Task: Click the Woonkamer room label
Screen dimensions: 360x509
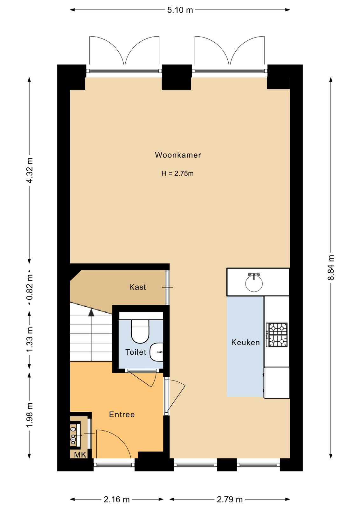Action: (178, 155)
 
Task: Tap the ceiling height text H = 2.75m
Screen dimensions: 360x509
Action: (177, 174)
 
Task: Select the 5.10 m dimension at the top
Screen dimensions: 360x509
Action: (180, 10)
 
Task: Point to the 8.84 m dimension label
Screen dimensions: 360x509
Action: (331, 268)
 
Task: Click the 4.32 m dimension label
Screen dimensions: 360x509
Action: (30, 170)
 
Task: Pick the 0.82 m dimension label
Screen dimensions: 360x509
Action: (30, 287)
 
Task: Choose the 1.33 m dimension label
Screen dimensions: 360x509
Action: (30, 339)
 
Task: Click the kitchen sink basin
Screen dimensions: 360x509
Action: (254, 283)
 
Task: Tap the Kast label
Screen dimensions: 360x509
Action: (137, 287)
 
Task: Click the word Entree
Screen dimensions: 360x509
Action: (122, 415)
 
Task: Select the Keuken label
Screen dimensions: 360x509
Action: (245, 342)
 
